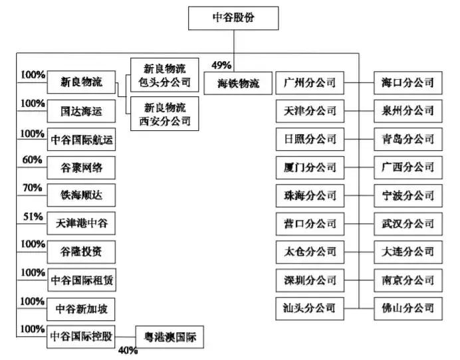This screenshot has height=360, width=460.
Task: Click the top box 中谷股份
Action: pyautogui.click(x=232, y=18)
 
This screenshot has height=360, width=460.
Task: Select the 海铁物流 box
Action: pyautogui.click(x=239, y=84)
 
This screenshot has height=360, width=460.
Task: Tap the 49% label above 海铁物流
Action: pyautogui.click(x=221, y=65)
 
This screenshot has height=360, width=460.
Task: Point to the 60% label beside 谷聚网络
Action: pyautogui.click(x=31, y=160)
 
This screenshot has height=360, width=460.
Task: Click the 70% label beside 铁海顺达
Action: pyautogui.click(x=31, y=188)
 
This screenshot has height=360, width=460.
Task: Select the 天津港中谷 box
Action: pyautogui.click(x=82, y=224)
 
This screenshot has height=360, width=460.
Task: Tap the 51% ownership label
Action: pyautogui.click(x=31, y=217)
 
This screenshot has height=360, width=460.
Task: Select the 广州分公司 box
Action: pyautogui.click(x=309, y=83)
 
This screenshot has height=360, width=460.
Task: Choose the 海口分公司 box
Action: pyautogui.click(x=407, y=83)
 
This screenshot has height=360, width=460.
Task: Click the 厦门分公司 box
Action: pyautogui.click(x=309, y=167)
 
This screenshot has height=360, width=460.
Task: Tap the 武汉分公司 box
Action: pyautogui.click(x=407, y=223)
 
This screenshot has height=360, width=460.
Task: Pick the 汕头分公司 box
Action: pyautogui.click(x=309, y=308)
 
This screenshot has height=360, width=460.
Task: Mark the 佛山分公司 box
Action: pyautogui.click(x=407, y=308)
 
